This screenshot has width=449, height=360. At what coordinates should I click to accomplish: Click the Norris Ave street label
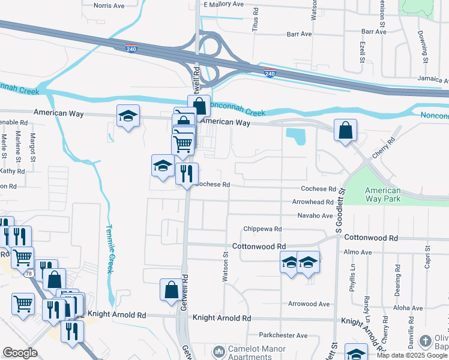pos(109,5)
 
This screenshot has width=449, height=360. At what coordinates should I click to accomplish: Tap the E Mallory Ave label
pos(223,4)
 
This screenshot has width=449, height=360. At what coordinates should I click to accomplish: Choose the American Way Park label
pos(383,194)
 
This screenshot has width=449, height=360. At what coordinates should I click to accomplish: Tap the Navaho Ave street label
pos(315,215)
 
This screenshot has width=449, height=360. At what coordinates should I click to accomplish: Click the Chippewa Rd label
pos(262,229)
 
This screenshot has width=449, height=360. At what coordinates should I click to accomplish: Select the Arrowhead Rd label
pos(313,202)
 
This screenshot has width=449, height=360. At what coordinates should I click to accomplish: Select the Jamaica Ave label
pos(433,80)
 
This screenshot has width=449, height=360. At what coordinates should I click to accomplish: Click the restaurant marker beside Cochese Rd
pos(187,173)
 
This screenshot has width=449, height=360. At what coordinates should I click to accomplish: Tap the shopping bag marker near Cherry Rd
pos(345,130)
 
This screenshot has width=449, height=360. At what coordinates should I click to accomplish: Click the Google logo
pos(20,353)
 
